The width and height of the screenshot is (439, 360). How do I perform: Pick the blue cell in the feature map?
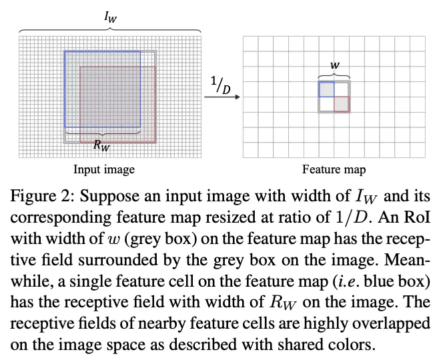click(x=326, y=89)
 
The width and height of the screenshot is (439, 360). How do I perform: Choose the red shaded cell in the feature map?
click(x=342, y=104)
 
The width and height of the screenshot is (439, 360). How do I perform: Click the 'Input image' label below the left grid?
click(x=104, y=169)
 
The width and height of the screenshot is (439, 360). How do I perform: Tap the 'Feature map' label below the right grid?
click(x=334, y=169)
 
